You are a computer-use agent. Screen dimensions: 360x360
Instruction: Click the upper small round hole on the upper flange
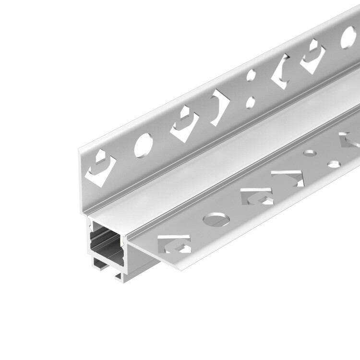click(x=251, y=76)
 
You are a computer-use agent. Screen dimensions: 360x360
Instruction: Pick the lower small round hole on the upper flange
click(x=250, y=101)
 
